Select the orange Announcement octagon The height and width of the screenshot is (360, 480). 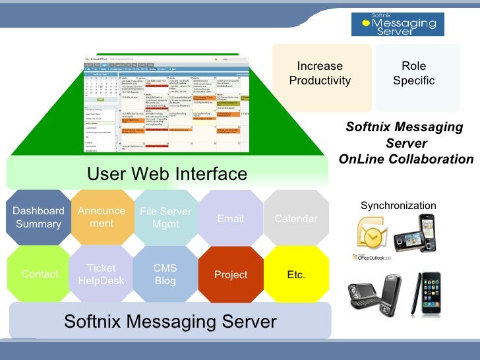pyautogui.click(x=102, y=218)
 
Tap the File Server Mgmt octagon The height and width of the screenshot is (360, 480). pyautogui.click(x=165, y=218)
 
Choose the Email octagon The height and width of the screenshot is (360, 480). pyautogui.click(x=230, y=218)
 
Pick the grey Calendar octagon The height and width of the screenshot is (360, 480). pyautogui.click(x=296, y=218)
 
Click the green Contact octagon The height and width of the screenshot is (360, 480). pyautogui.click(x=40, y=274)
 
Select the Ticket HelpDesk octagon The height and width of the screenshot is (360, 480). pyautogui.click(x=102, y=274)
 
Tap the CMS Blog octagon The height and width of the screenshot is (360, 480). pyautogui.click(x=165, y=274)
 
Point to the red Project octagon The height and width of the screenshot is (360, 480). pyautogui.click(x=231, y=274)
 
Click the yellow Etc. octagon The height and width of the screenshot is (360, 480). pyautogui.click(x=296, y=274)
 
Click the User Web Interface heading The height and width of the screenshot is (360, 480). pyautogui.click(x=167, y=173)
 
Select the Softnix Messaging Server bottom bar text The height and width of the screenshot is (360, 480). pyautogui.click(x=169, y=321)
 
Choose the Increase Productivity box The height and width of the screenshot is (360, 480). pyautogui.click(x=320, y=73)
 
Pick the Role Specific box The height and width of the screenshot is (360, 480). pyautogui.click(x=413, y=73)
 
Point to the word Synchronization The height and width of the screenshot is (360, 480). pyautogui.click(x=398, y=206)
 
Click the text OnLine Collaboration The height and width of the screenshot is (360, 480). pyautogui.click(x=406, y=160)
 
